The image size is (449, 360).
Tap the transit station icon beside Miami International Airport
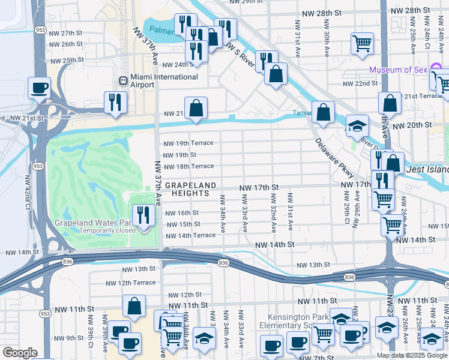point(123,78)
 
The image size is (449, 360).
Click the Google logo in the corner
point(19,353)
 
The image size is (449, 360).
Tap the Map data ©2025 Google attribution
point(412,355)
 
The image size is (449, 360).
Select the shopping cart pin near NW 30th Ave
point(362,43)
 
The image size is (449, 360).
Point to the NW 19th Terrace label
point(188,143)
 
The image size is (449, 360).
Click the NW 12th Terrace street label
point(131,283)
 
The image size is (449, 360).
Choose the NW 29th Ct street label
point(346,207)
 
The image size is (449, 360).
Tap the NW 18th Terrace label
point(188,166)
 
